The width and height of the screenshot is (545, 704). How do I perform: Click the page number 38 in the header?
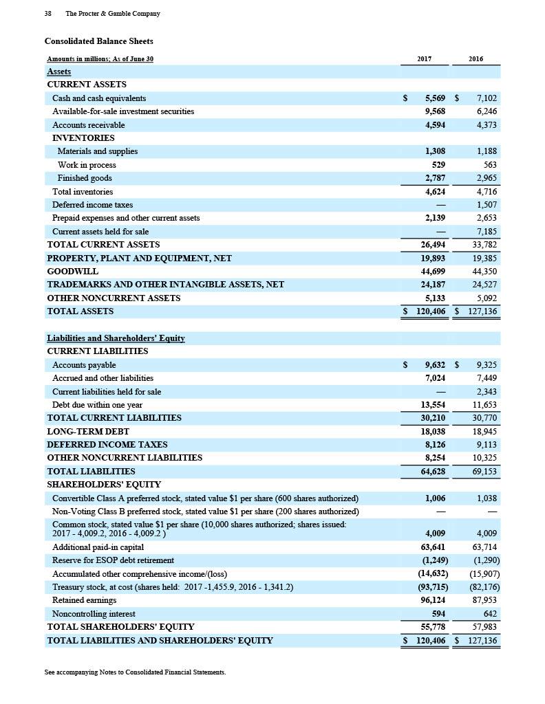click(x=48, y=14)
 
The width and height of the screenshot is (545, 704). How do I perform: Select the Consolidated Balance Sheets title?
click(x=98, y=41)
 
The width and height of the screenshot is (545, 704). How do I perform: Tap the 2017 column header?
click(x=425, y=59)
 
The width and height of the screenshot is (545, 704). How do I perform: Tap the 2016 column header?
click(x=475, y=59)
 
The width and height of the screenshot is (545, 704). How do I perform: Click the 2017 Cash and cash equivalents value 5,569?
click(x=435, y=98)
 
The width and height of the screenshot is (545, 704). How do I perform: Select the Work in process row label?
click(x=87, y=165)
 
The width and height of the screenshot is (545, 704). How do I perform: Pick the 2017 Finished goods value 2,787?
click(x=434, y=178)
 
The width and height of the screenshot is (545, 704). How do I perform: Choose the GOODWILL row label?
click(x=72, y=272)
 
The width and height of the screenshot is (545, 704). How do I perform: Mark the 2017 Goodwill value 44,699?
click(x=432, y=272)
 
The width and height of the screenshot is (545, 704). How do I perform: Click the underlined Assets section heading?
click(x=58, y=71)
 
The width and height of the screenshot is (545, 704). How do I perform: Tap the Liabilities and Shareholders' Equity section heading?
click(x=116, y=338)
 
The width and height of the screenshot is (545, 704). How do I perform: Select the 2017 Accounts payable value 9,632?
click(x=435, y=365)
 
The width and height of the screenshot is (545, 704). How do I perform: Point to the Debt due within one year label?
click(x=97, y=405)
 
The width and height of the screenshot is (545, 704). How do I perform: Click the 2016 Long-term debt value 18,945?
click(x=484, y=432)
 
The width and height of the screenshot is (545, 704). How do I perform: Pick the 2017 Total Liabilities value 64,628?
click(x=432, y=472)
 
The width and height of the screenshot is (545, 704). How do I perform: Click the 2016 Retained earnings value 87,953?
click(x=484, y=600)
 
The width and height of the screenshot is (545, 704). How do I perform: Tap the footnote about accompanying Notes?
click(x=135, y=672)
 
